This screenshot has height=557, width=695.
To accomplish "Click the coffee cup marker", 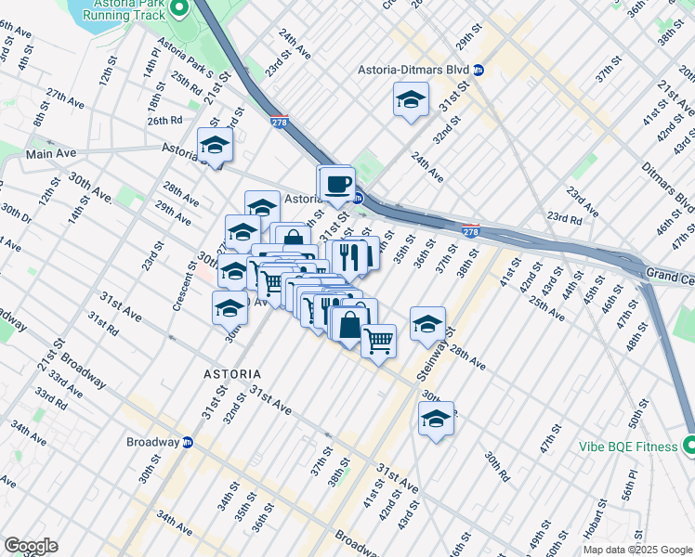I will [x=339, y=183].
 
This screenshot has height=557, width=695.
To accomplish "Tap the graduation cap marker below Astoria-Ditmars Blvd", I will [x=411, y=99].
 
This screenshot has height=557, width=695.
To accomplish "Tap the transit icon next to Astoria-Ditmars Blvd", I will [x=479, y=70].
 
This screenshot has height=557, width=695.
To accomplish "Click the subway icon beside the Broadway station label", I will [x=187, y=442].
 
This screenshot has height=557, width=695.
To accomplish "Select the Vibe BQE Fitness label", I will [x=623, y=447].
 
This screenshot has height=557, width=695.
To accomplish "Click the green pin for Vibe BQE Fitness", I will [x=688, y=447].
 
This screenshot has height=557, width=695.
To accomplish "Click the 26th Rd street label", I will [x=164, y=120].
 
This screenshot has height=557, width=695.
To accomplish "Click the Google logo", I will [x=31, y=546].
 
